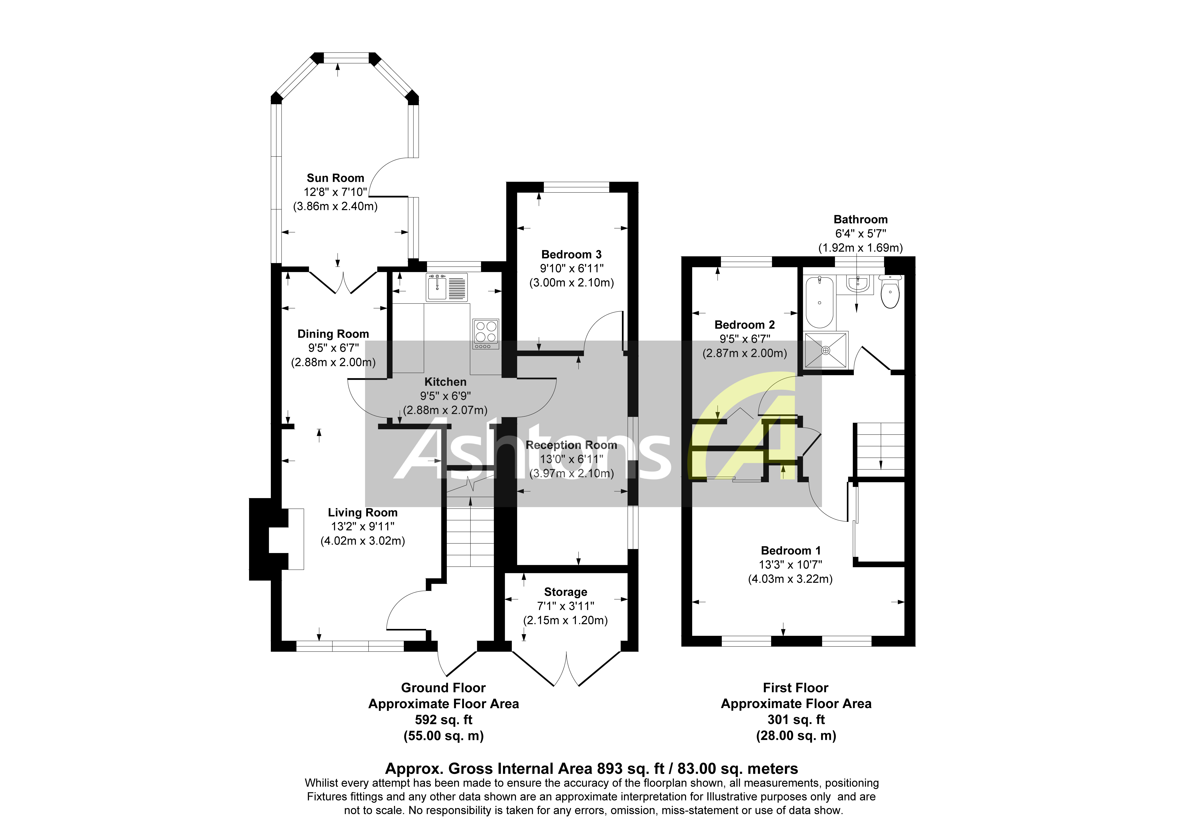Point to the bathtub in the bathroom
point(819,302)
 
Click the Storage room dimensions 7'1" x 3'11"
point(566,606)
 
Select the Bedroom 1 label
point(790,551)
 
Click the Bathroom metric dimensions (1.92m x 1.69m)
point(860,248)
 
